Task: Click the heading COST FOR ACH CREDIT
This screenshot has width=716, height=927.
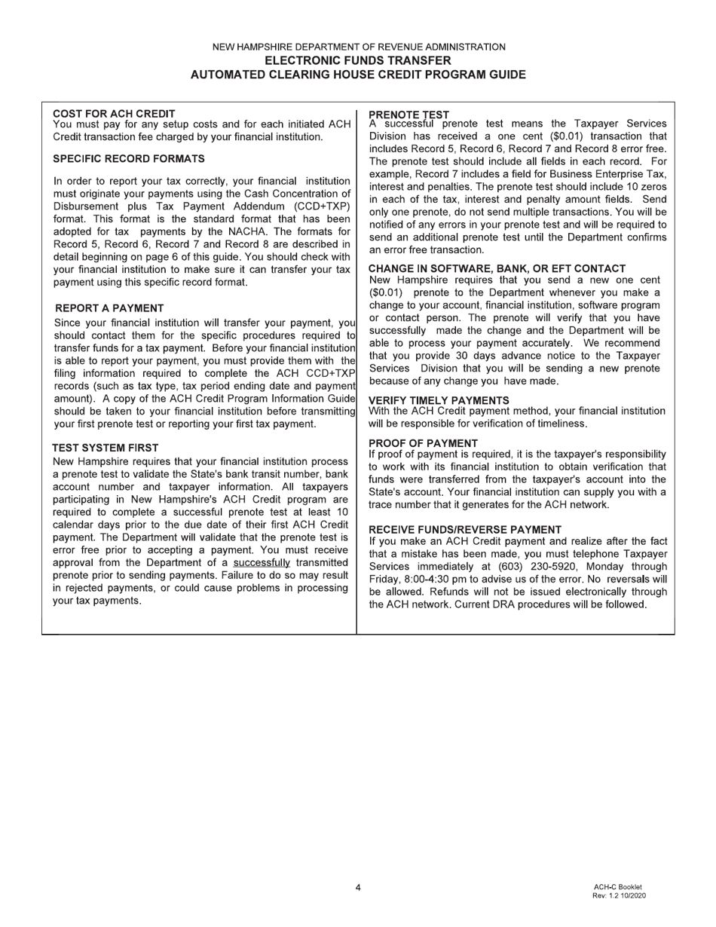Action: point(114,114)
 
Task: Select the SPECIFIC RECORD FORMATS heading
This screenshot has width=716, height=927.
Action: point(128,159)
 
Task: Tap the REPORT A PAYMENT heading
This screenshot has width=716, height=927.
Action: point(109,308)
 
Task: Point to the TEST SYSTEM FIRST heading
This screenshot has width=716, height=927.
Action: point(106,448)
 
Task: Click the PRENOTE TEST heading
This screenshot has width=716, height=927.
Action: point(408,115)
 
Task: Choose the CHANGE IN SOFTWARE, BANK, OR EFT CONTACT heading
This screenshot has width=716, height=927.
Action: point(497,268)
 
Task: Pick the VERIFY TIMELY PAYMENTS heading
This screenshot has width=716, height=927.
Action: point(439,400)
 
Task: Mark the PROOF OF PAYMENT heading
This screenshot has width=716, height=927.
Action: point(423,443)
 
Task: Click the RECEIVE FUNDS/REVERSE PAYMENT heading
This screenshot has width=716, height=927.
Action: point(465,530)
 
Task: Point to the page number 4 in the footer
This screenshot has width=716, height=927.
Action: point(358,887)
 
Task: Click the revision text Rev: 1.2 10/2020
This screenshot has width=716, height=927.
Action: point(619,895)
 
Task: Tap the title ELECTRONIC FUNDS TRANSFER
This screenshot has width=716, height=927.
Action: point(358,60)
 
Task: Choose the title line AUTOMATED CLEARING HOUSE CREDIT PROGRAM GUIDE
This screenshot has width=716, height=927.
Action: point(358,75)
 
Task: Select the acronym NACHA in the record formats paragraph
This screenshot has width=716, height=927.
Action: point(268,231)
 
